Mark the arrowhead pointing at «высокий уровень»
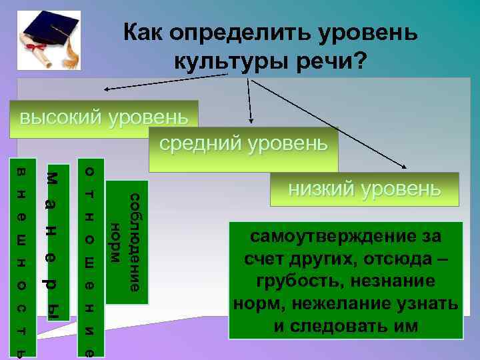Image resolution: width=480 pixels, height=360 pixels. (x=106, y=89)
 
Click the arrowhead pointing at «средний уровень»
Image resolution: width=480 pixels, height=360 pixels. (x=251, y=121)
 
